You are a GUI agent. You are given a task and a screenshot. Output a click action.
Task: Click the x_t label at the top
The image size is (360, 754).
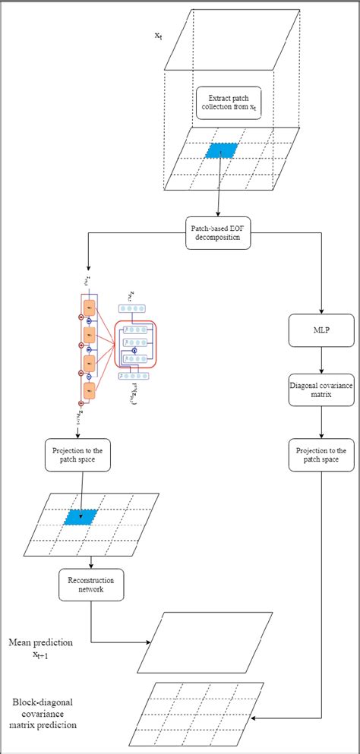(x=157, y=36)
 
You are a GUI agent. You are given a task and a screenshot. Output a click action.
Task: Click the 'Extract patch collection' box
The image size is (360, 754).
(x=228, y=102)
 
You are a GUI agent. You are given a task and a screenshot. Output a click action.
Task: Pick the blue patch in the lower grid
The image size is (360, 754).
(x=81, y=517)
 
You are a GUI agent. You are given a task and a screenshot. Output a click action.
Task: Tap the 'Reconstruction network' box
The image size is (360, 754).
(x=91, y=585)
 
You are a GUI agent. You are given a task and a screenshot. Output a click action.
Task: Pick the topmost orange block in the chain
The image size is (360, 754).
(x=89, y=308)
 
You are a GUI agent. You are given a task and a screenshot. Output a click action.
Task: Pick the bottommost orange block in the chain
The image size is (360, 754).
(x=89, y=390)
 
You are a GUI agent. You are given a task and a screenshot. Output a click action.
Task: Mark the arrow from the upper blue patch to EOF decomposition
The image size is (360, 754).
(x=219, y=186)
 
